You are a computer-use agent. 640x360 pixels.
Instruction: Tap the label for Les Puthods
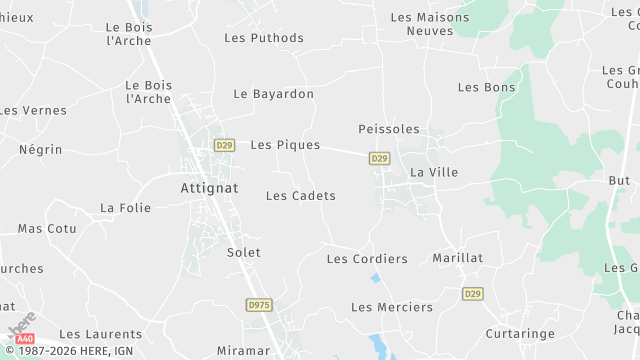click(264, 38)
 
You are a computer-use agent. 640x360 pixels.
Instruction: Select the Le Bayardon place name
click(273, 94)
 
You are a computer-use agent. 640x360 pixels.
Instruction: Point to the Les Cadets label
click(300, 196)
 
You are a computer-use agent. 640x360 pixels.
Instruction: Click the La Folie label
click(125, 208)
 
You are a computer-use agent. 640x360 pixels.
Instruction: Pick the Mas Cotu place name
click(47, 229)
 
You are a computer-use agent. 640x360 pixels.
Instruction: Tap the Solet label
click(244, 253)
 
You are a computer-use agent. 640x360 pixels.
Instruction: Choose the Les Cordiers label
click(367, 259)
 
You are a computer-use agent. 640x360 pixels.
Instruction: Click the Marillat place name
click(457, 258)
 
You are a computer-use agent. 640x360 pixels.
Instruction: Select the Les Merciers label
click(392, 307)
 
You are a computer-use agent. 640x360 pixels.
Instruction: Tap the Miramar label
click(243, 351)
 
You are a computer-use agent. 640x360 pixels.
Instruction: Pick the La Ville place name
click(434, 173)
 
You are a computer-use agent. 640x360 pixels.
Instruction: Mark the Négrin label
click(40, 150)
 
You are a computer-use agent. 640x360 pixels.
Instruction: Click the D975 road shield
click(259, 304)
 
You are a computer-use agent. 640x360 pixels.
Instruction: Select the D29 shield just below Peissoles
click(379, 158)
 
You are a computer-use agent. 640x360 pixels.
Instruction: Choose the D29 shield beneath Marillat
click(472, 293)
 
